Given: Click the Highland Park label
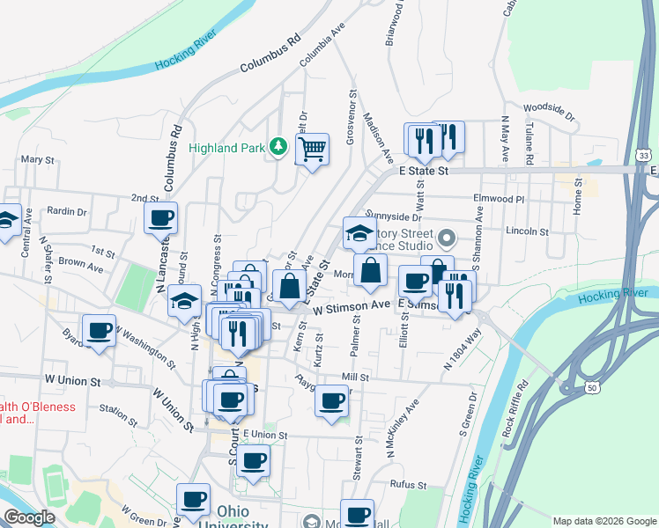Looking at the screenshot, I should (x=227, y=148).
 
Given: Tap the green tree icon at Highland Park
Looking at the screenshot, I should (x=279, y=146).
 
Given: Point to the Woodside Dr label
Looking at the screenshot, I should (x=548, y=114).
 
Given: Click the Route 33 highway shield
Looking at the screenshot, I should (x=646, y=155).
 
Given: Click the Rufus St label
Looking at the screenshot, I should (x=409, y=485).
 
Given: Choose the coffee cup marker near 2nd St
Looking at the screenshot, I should (x=161, y=219).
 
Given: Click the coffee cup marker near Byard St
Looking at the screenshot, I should (x=99, y=332).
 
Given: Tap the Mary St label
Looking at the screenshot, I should (x=38, y=160).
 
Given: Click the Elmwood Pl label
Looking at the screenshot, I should (x=498, y=199).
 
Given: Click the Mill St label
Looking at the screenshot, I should (x=355, y=377).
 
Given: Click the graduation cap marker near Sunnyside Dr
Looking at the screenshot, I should (x=359, y=234).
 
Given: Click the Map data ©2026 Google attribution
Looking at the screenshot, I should (x=603, y=521).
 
